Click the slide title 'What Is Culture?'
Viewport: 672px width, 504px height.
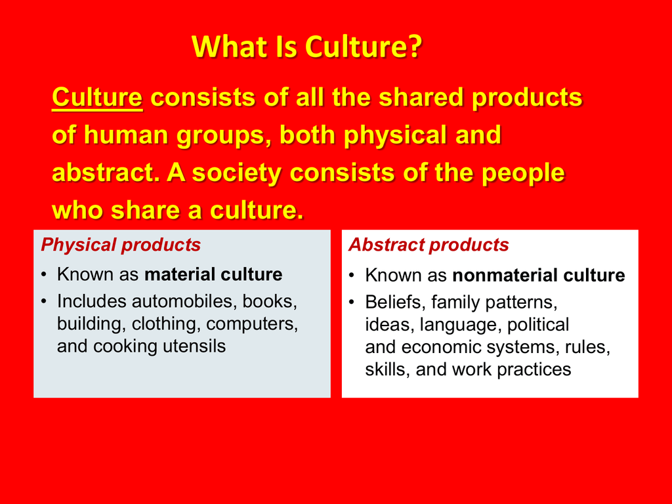click(x=307, y=47)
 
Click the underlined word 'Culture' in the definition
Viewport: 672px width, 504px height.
click(x=97, y=97)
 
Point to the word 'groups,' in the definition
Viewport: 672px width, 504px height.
click(x=224, y=136)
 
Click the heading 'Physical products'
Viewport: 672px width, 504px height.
click(x=121, y=245)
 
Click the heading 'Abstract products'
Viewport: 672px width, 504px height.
click(x=429, y=245)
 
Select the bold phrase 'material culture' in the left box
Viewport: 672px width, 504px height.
click(x=213, y=274)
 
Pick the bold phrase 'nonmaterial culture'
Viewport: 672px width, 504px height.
click(x=539, y=275)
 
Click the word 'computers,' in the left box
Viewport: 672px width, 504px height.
click(x=252, y=324)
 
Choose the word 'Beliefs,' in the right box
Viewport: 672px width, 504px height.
click(x=395, y=302)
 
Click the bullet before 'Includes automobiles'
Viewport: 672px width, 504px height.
click(x=43, y=302)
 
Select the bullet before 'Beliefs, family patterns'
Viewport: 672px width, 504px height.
click(x=352, y=303)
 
